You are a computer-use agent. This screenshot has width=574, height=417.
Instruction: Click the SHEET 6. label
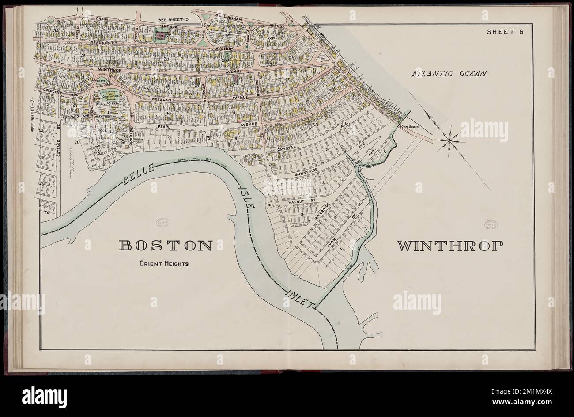click(506, 31)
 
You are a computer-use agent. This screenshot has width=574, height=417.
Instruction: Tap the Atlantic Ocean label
click(448, 73)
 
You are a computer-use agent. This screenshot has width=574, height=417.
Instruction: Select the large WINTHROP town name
click(450, 246)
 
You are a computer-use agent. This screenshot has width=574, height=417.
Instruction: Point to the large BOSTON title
click(166, 246)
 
